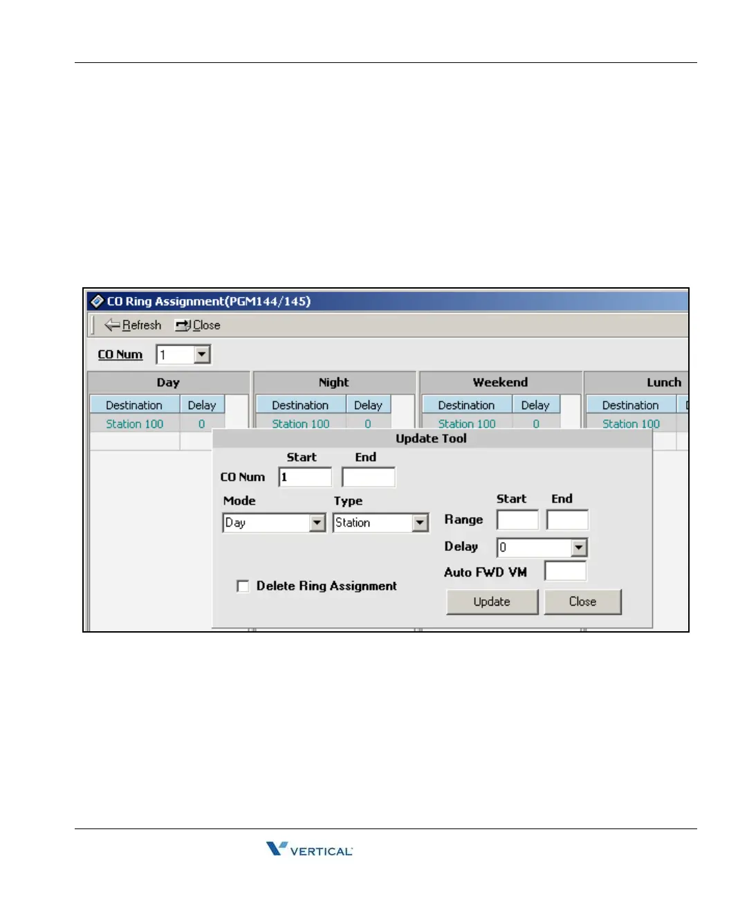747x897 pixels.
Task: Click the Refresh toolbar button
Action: pos(133,325)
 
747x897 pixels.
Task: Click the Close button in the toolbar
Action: pos(198,325)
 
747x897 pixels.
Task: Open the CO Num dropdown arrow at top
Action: pos(202,355)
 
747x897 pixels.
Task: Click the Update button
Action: pos(492,601)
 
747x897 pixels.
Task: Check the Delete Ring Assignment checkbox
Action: pos(243,586)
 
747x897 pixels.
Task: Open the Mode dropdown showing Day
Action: pos(317,523)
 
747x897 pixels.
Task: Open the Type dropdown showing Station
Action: pos(421,523)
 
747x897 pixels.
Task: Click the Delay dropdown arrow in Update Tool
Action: pos(579,548)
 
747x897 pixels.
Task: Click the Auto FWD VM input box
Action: pos(565,572)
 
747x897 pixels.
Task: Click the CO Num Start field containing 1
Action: pos(305,478)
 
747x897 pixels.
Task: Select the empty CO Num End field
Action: pos(369,478)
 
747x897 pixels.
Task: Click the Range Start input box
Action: pos(517,520)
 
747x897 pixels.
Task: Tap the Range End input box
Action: pos(567,520)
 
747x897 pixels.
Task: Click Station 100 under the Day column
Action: pos(134,424)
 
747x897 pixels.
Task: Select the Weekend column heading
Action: pos(500,383)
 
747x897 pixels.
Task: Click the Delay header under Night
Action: pos(368,406)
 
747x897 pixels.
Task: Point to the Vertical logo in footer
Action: pos(309,849)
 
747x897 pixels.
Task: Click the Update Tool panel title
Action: pos(431,439)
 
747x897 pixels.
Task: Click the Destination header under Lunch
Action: pos(630,406)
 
